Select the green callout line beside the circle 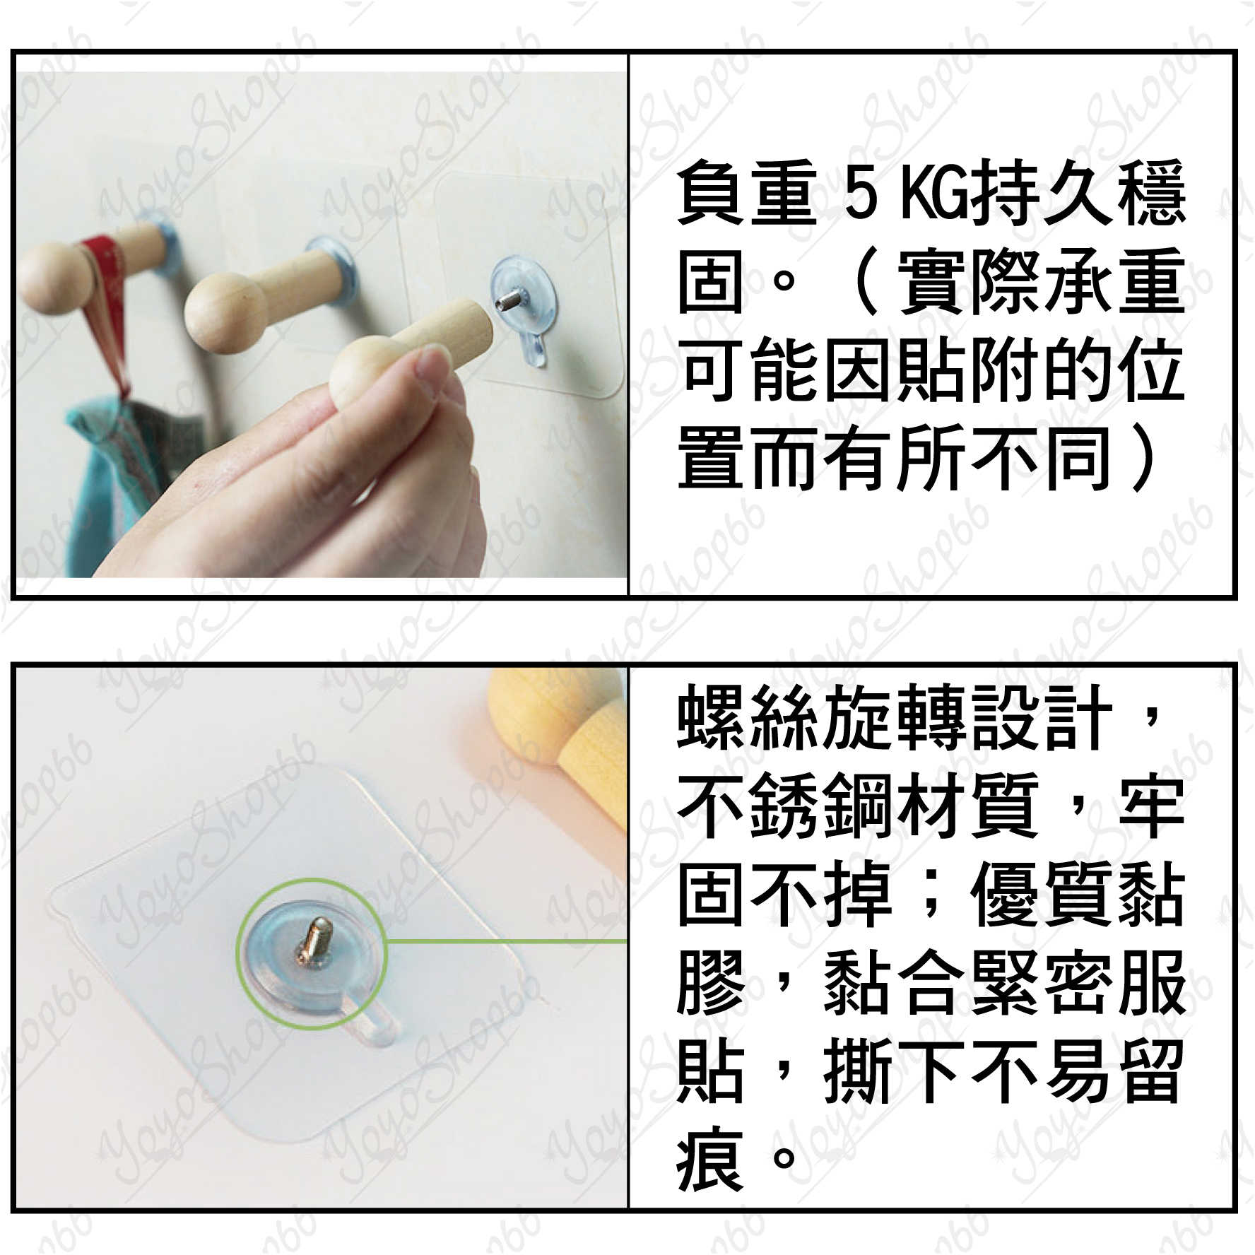pyautogui.click(x=507, y=941)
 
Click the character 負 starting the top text pyautogui.click(x=711, y=192)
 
